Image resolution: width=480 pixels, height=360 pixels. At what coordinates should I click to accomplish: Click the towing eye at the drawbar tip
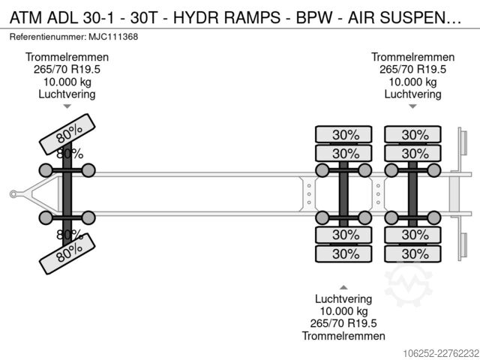13,194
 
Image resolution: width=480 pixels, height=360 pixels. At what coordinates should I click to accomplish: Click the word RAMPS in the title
252,17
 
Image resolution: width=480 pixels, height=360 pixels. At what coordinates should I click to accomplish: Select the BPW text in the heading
313,17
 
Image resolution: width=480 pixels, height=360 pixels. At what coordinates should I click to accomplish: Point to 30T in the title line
143,17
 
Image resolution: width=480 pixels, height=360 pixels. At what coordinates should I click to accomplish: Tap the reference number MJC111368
113,37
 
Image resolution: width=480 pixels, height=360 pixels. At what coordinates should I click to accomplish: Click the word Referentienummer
48,37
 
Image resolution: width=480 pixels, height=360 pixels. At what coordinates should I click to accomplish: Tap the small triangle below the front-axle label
67,106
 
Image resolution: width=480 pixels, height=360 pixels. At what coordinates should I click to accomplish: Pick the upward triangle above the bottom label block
343,287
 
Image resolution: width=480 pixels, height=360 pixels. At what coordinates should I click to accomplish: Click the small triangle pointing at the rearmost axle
412,106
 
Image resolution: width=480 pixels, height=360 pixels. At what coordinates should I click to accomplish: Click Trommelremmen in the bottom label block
343,336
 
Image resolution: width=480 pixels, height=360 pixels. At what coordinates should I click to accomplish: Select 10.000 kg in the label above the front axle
67,82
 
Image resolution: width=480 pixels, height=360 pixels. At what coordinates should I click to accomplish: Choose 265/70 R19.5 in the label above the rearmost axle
412,70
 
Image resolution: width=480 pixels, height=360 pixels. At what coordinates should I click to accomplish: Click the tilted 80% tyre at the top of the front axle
67,134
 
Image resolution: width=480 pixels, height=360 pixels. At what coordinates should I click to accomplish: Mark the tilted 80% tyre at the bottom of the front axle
67,253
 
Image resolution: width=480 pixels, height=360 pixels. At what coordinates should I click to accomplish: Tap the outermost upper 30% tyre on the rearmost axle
412,134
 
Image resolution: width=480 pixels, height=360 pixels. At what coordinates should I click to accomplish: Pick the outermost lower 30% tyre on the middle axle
343,253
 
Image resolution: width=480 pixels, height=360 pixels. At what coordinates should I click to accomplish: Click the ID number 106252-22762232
441,353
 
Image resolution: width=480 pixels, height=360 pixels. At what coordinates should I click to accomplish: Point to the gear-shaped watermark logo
408,283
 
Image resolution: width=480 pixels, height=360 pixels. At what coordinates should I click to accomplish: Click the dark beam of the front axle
67,193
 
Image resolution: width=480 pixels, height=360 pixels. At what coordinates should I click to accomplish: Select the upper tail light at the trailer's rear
463,142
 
